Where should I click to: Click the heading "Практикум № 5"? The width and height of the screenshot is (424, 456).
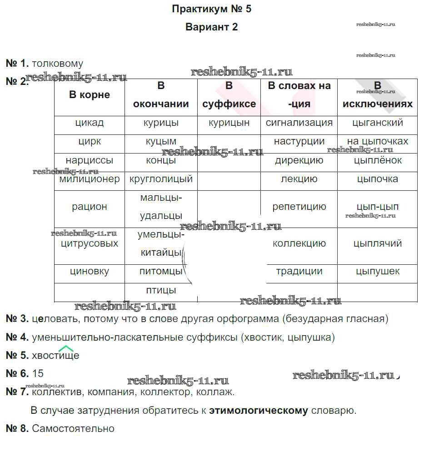click(x=211, y=9)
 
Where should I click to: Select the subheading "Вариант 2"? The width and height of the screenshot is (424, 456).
click(x=211, y=27)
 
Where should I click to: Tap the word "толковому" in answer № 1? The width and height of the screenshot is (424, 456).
click(x=58, y=64)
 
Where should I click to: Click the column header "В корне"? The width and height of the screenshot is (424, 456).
click(x=90, y=95)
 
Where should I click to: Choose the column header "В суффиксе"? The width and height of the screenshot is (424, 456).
click(x=229, y=95)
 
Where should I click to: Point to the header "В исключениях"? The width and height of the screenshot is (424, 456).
click(x=377, y=95)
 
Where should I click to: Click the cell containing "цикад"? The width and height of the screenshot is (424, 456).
click(x=90, y=123)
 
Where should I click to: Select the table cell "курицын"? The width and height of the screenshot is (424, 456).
click(x=229, y=123)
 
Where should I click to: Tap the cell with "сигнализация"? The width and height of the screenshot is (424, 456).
click(x=299, y=123)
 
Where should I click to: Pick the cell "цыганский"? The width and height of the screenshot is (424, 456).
click(x=377, y=123)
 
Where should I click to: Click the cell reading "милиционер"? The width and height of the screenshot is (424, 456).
click(x=90, y=179)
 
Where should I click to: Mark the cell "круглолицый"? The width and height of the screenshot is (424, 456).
click(x=161, y=179)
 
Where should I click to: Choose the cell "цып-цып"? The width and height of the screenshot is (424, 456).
click(x=377, y=207)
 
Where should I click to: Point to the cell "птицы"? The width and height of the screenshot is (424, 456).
click(x=161, y=290)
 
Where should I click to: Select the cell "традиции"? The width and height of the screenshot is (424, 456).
click(x=299, y=272)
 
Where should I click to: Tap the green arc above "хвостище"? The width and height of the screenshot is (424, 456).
click(x=66, y=349)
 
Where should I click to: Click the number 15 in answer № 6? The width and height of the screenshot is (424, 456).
click(x=38, y=373)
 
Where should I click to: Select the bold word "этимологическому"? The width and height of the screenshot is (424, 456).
click(x=259, y=411)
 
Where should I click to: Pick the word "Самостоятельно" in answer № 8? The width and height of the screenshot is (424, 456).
click(x=73, y=428)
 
